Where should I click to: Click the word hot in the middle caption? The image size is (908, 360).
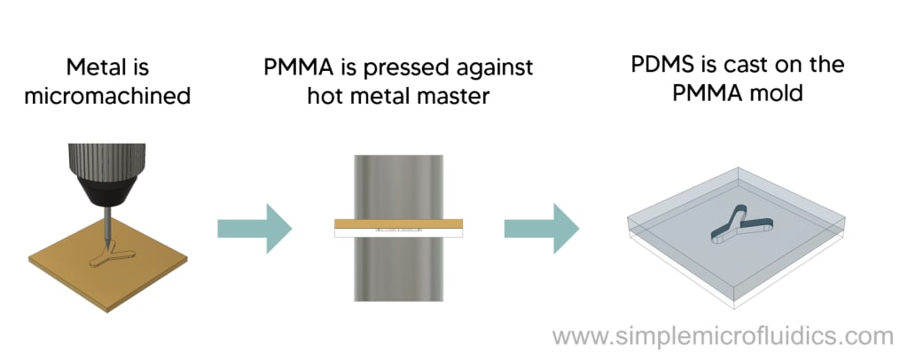click(328, 96)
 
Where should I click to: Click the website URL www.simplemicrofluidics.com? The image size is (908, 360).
click(723, 337)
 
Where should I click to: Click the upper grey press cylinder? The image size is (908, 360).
click(398, 184)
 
